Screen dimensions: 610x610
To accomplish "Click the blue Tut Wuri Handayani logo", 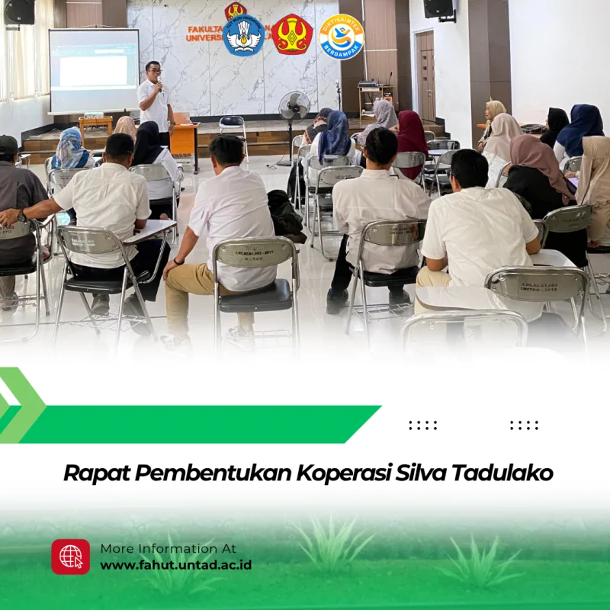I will coord(244,35).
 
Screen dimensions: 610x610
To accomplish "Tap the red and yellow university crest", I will coord(292,35).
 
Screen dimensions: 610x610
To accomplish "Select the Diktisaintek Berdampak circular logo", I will coord(341,36).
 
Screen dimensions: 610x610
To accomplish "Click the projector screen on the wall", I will coord(94,70).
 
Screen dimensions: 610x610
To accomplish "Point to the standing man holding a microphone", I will coord(155,99).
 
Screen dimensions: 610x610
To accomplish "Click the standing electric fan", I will coord(294,114).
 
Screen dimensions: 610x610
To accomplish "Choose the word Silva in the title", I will coord(422,473).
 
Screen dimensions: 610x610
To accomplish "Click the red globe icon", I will coord(71,557).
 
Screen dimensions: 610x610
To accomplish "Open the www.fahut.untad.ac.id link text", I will coord(175,565).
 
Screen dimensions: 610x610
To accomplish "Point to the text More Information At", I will coord(168,548).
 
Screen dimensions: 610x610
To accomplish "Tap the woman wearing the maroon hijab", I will coord(412,137).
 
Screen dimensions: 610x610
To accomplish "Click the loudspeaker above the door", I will coord(438,8).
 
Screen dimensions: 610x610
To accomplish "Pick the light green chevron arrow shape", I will coord(21,405).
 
